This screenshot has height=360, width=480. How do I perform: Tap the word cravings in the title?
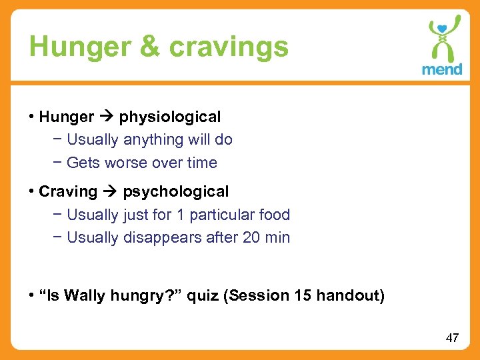229,47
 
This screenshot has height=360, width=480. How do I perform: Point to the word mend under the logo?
442,69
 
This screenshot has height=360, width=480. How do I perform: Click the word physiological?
170,117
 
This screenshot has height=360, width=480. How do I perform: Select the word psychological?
175,192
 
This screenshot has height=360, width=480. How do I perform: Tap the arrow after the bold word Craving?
110,192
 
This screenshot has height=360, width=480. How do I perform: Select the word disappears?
161,237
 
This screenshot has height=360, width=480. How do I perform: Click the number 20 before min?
251,237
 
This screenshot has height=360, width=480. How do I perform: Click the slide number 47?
452,338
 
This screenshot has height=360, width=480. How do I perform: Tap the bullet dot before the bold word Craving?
31,192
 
